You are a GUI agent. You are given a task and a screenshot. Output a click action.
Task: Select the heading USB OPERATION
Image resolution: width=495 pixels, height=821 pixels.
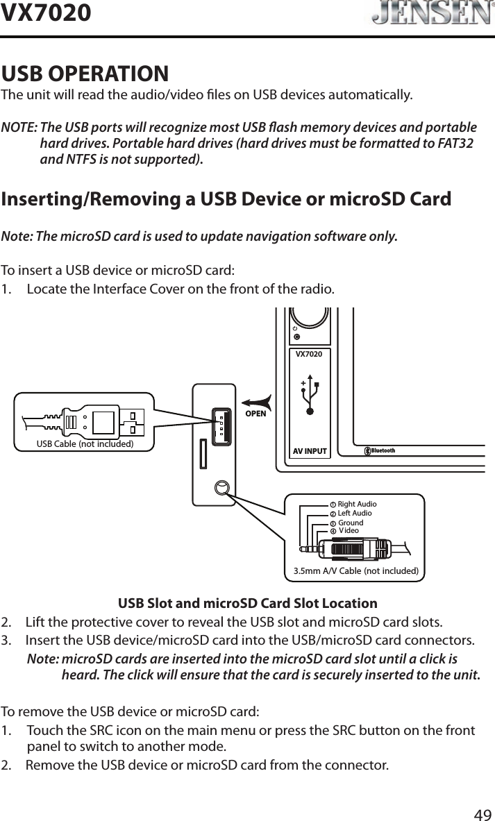pos(85,73)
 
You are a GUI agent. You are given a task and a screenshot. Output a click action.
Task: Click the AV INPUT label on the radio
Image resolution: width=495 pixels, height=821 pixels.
pos(310,451)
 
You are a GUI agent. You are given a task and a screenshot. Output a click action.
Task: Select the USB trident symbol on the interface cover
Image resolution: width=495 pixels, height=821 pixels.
pos(310,396)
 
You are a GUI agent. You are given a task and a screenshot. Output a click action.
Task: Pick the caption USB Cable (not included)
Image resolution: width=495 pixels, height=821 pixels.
pos(85,443)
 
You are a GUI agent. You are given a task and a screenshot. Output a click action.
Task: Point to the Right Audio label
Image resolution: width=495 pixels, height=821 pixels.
pos(357,504)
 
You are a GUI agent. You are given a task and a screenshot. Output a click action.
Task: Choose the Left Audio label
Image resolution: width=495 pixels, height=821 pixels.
pos(354,513)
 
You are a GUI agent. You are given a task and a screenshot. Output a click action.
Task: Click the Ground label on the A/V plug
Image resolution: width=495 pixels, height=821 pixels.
pos(351,523)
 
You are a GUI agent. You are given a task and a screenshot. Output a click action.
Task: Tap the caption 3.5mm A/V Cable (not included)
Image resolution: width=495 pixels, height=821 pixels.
pos(355,571)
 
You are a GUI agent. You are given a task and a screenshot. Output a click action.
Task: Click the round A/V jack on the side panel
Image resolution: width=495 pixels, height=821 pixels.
pos(221,487)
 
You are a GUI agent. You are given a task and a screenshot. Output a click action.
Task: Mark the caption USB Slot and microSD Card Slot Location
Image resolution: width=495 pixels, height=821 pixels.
pos(248,603)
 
